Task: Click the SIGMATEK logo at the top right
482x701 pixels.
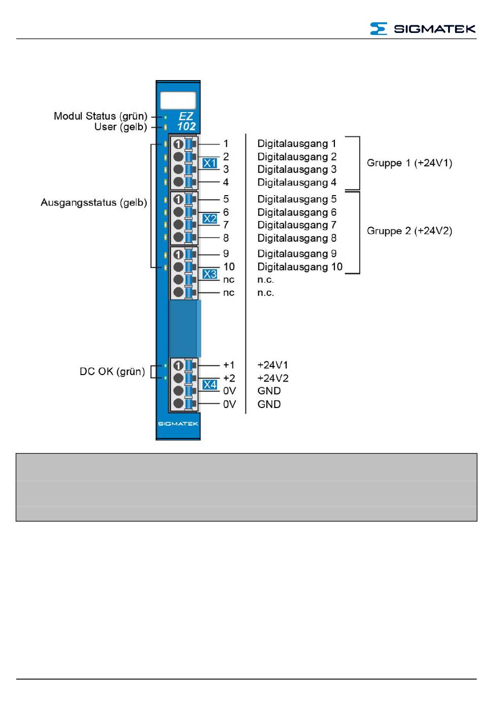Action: tap(422, 29)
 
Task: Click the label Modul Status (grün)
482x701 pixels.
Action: tap(100, 116)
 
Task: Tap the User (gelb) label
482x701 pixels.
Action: tap(120, 127)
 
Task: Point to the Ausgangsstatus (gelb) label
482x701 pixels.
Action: tap(94, 203)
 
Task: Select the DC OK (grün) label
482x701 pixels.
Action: tap(112, 372)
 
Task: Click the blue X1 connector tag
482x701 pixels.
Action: tap(210, 163)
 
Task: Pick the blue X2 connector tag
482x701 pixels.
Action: tap(210, 219)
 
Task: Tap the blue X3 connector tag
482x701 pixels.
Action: tap(210, 274)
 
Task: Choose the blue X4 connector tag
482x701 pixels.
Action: tap(210, 385)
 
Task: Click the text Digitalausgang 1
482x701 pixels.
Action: tap(297, 144)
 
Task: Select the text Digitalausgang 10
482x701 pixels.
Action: tap(300, 267)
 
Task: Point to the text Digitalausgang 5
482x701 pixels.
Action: tap(297, 199)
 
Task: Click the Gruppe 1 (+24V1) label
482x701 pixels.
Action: tap(409, 163)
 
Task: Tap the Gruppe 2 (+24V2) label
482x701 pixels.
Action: tap(409, 231)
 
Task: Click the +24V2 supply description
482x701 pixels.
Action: tap(273, 378)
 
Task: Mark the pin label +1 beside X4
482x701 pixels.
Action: tap(229, 365)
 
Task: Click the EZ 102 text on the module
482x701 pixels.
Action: tap(186, 122)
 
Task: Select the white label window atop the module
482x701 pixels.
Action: tap(178, 100)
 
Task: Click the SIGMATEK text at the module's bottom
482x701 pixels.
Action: tap(178, 424)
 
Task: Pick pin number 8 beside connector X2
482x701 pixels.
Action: tap(226, 238)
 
